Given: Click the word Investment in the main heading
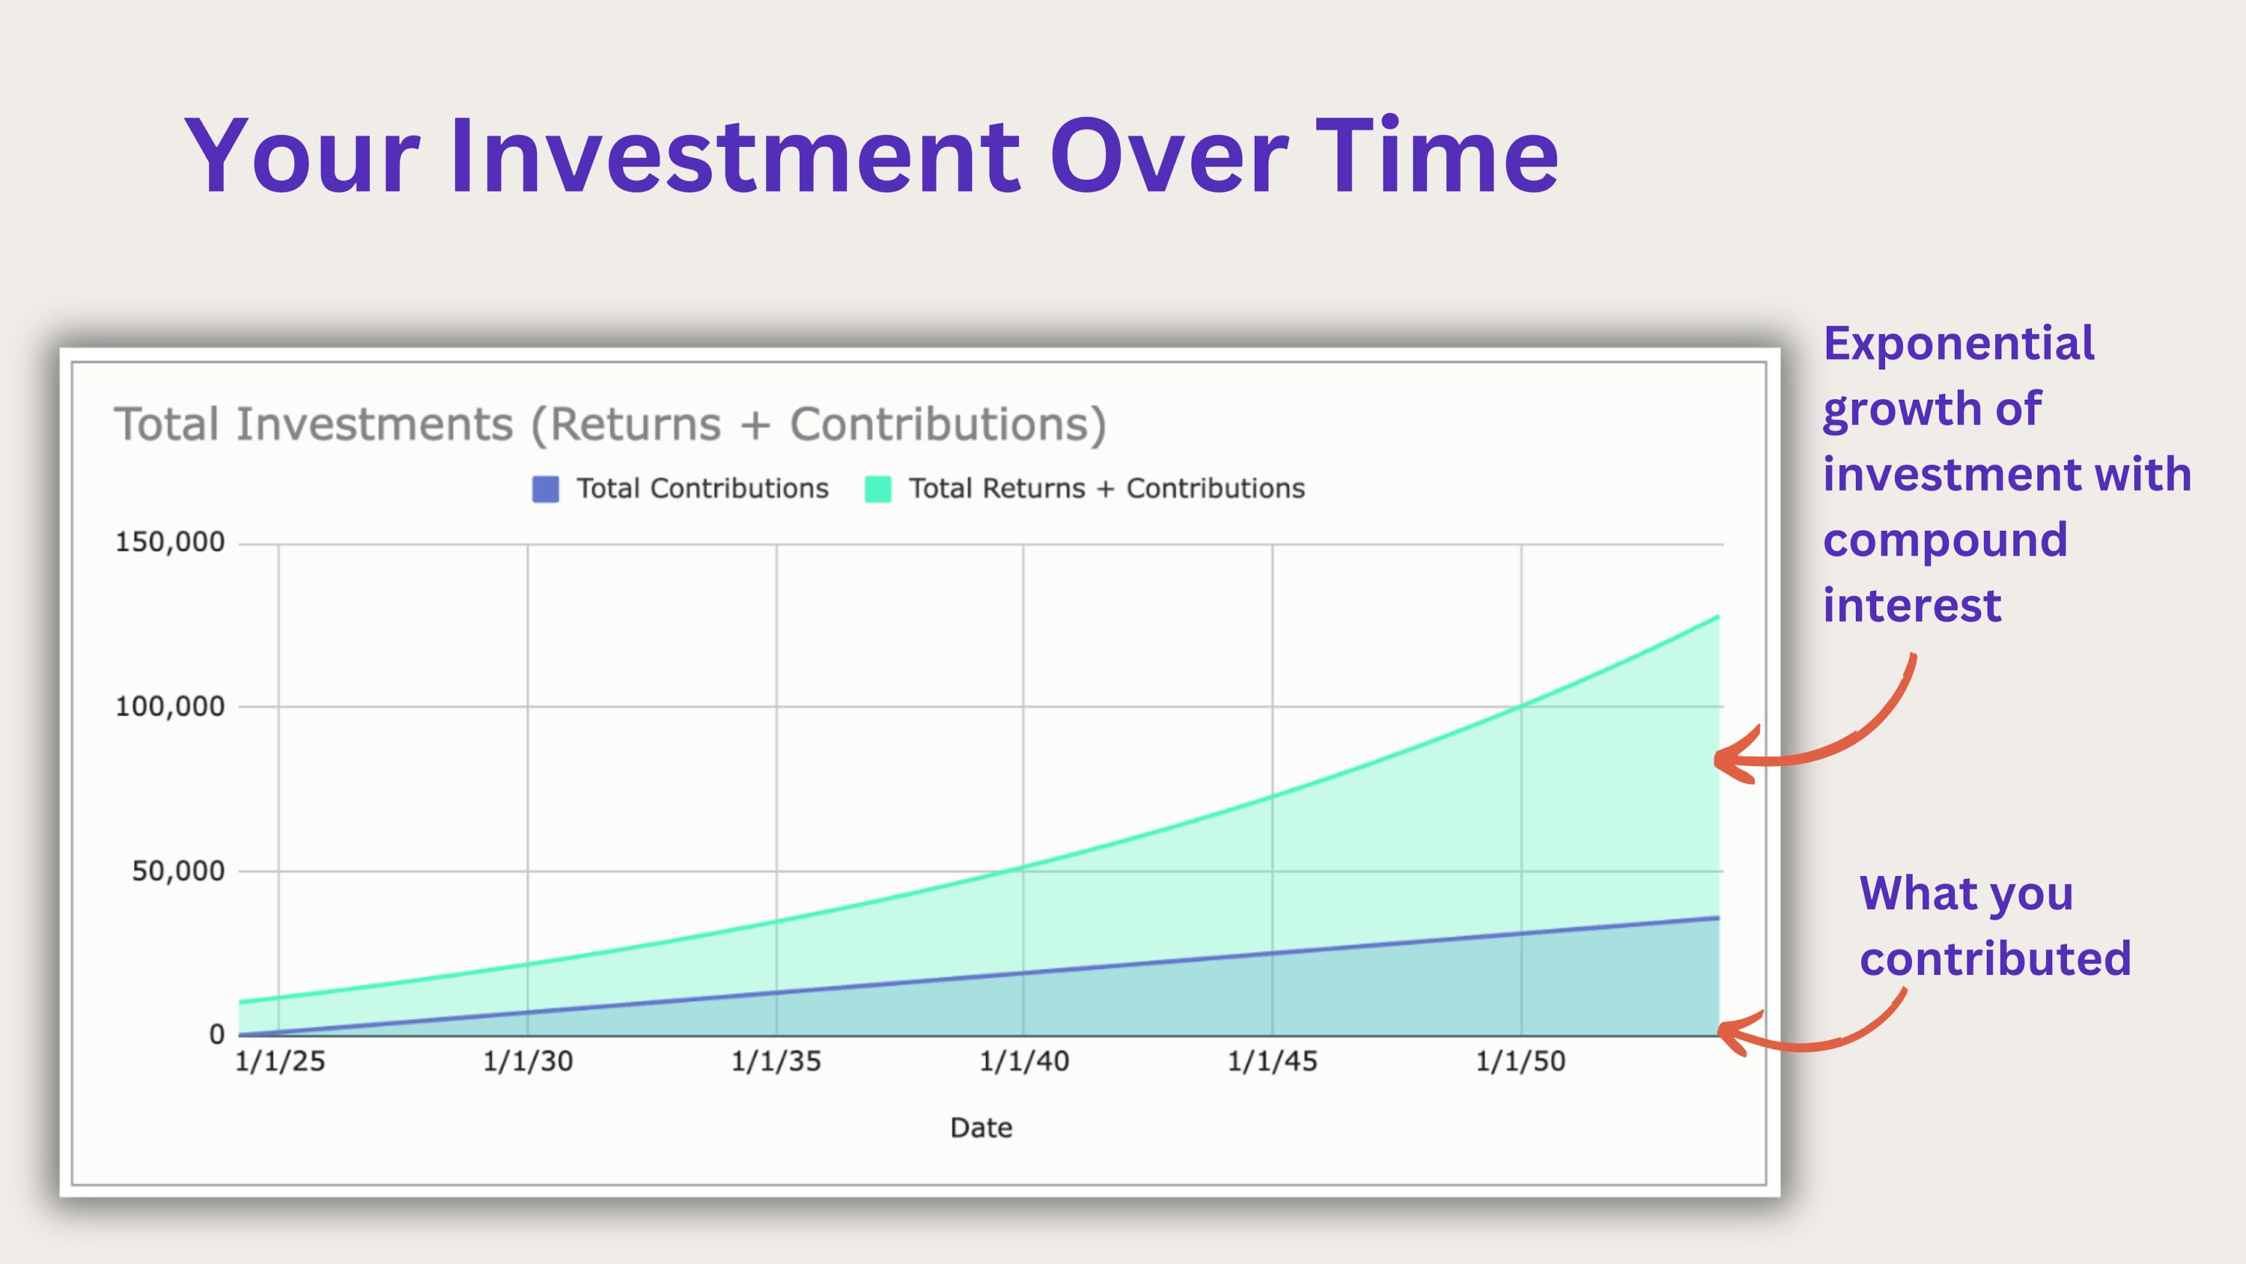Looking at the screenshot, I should (x=735, y=157).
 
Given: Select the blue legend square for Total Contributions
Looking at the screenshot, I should (x=546, y=490).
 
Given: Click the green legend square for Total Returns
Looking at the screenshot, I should (x=877, y=490).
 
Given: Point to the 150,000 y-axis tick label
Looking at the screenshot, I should (x=170, y=543).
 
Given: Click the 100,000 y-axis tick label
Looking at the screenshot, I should (x=170, y=707).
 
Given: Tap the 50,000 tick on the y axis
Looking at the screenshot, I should (x=178, y=871).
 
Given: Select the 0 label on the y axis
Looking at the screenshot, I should (x=217, y=1035).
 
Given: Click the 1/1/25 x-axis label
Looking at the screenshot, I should (x=280, y=1062).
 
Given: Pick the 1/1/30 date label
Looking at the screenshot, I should (x=529, y=1062).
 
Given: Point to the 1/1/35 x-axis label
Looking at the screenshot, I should (x=776, y=1062).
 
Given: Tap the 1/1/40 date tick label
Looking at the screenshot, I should (x=1023, y=1062).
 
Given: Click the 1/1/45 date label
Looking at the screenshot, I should (x=1272, y=1062).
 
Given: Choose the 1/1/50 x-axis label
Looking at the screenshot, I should (x=1521, y=1062).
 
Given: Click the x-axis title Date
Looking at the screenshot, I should (x=981, y=1128).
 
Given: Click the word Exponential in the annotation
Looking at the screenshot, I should (x=1959, y=344).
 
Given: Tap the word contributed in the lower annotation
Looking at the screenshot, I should (x=1995, y=958).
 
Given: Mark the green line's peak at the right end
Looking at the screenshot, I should (x=1717, y=618).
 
